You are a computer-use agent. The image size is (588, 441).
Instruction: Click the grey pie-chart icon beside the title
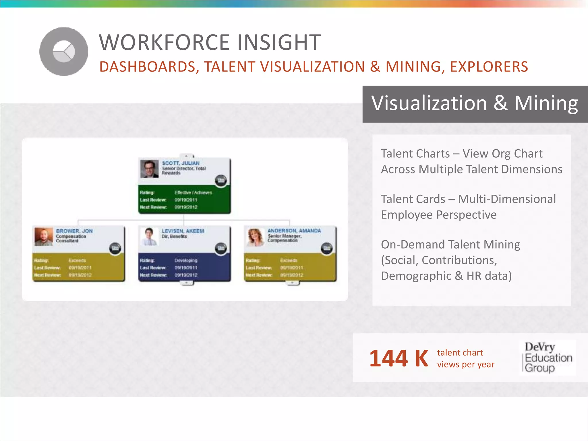pos(64,52)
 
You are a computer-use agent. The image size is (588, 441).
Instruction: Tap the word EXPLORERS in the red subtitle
pos(489,67)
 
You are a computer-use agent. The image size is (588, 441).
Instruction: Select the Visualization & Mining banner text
pos(474,103)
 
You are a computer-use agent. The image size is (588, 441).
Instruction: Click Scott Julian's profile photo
pos(149,169)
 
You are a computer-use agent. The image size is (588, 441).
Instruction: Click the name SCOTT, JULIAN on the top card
pos(181,163)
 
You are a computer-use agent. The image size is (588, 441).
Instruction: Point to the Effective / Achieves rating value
pos(193,193)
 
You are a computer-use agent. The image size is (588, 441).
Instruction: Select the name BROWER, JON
pos(74,231)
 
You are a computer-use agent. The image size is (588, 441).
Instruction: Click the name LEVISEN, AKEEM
pos(183,231)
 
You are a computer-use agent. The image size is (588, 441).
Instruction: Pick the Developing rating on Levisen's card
pos(186,260)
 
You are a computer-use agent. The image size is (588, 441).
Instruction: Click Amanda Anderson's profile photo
pos(255,237)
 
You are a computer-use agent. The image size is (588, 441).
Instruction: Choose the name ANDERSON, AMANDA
pos(294,231)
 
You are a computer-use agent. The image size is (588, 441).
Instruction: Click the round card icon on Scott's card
pos(221,181)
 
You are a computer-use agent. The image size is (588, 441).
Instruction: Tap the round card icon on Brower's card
pos(115,248)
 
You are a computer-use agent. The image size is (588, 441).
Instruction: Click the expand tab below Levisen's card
pos(187,283)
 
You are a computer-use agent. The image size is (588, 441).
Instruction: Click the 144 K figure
pos(399,358)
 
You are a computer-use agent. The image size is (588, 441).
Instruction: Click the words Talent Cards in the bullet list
pos(413,199)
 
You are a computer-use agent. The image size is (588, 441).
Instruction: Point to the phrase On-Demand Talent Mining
pos(450,245)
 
